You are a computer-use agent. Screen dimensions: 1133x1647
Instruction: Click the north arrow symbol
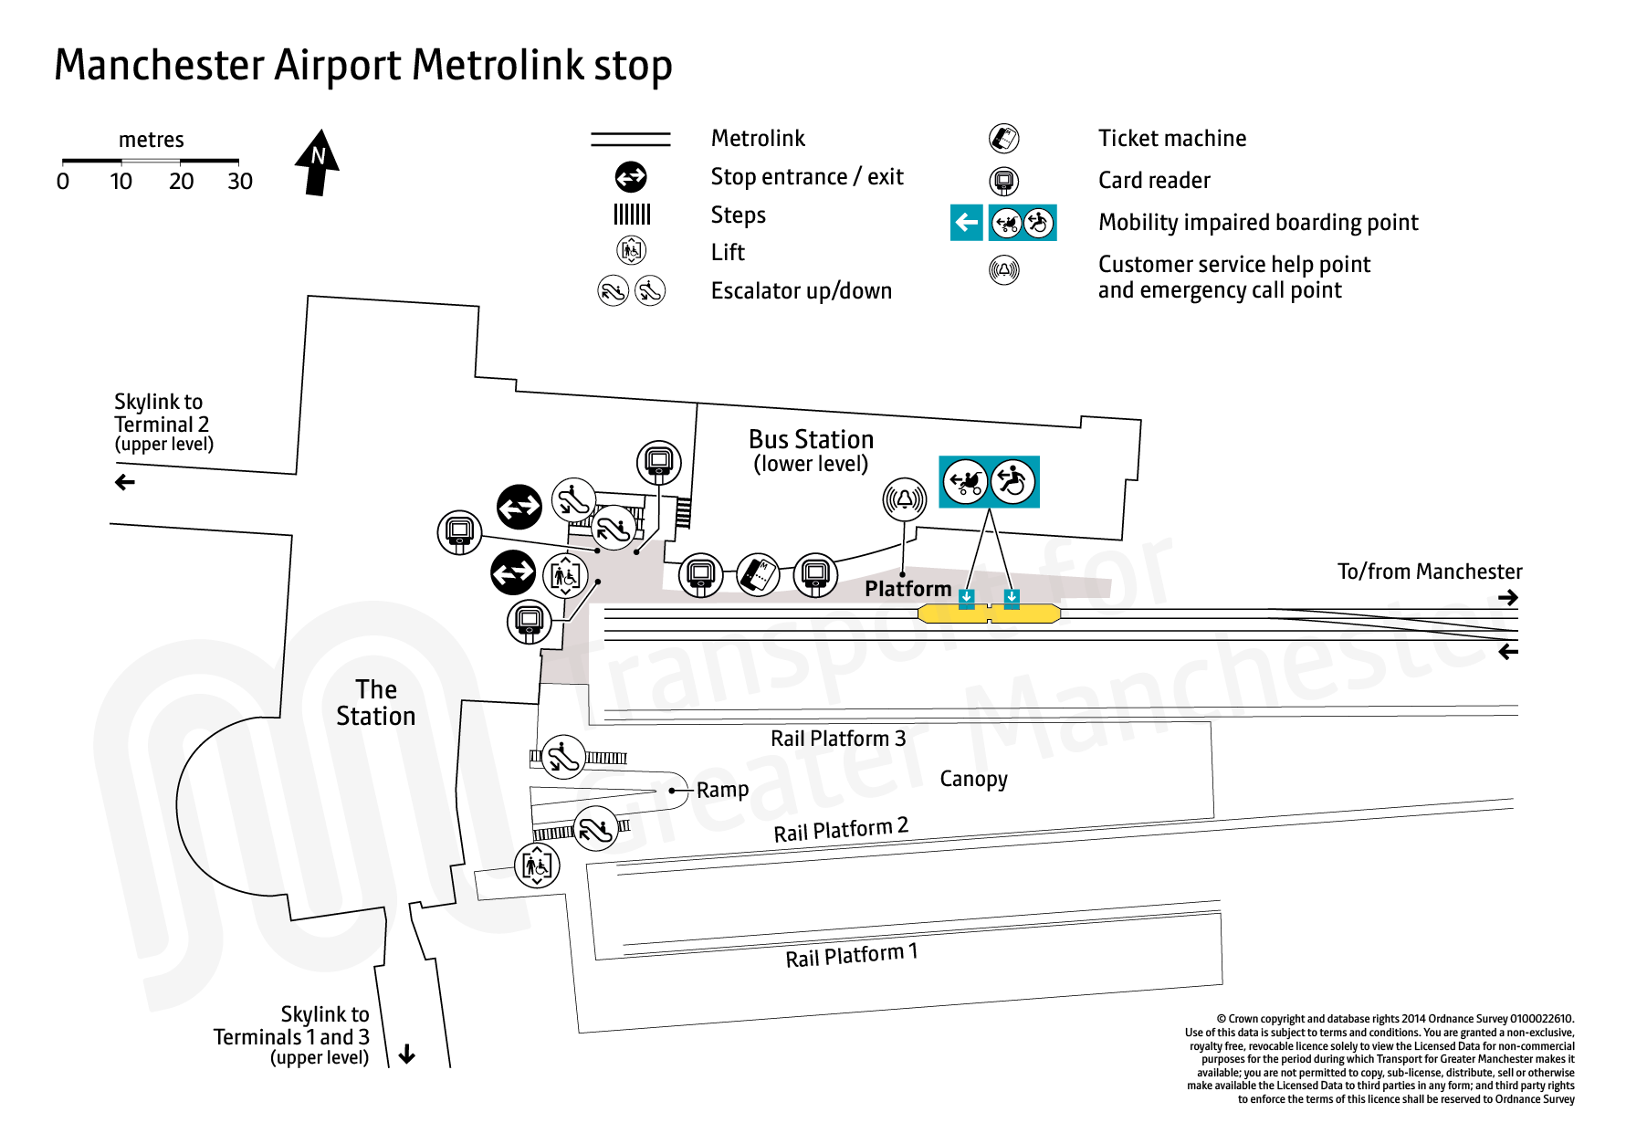(317, 163)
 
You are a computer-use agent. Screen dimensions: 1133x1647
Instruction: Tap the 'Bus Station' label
(811, 440)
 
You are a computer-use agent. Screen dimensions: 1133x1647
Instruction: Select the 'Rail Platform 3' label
(837, 739)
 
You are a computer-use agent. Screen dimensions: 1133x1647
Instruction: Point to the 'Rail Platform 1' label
(851, 956)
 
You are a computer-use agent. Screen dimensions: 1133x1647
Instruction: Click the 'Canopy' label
(973, 779)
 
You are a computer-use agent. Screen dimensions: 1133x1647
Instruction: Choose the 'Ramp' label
(722, 790)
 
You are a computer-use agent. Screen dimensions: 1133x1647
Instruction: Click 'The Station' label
(375, 702)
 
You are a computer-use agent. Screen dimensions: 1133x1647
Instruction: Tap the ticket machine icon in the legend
(1003, 139)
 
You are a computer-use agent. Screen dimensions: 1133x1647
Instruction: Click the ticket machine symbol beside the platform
(758, 574)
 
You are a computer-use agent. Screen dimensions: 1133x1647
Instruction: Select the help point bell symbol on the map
(904, 499)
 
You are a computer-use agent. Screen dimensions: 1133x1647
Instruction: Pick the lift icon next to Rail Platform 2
(537, 865)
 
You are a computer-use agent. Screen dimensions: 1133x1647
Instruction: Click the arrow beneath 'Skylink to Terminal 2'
(125, 482)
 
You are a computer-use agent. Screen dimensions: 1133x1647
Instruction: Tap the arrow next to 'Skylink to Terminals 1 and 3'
(407, 1054)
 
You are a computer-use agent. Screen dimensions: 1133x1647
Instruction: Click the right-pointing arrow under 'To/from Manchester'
(1507, 598)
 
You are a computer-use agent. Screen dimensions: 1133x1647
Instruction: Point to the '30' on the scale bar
(240, 182)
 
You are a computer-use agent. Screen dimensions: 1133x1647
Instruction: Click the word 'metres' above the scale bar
(152, 140)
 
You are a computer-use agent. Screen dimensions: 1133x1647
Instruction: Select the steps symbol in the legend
(632, 215)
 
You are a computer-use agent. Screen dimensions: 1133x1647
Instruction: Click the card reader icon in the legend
(1003, 181)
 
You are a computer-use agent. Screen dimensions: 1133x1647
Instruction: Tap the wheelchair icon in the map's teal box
(1012, 481)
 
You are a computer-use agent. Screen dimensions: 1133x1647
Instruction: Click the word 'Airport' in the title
(338, 66)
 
